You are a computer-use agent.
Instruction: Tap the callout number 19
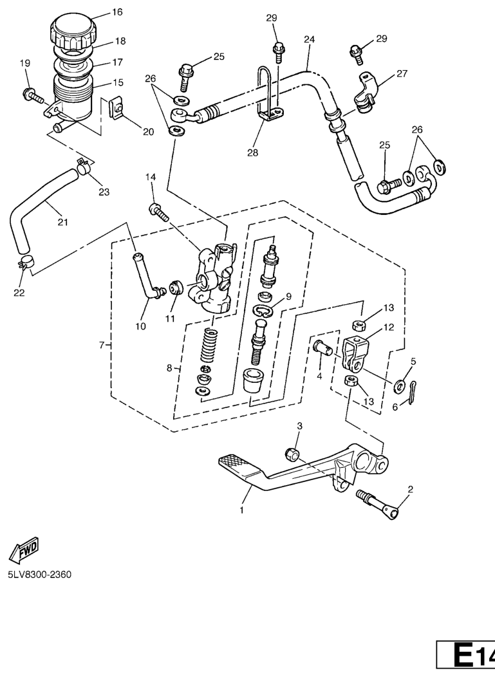coord(25,63)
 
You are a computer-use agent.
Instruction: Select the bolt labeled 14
coord(159,210)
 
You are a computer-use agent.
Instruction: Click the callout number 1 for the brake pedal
coord(242,510)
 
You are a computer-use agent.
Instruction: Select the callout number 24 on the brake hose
coord(309,39)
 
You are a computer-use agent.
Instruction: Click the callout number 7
coord(101,346)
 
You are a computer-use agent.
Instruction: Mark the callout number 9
coord(289,297)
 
